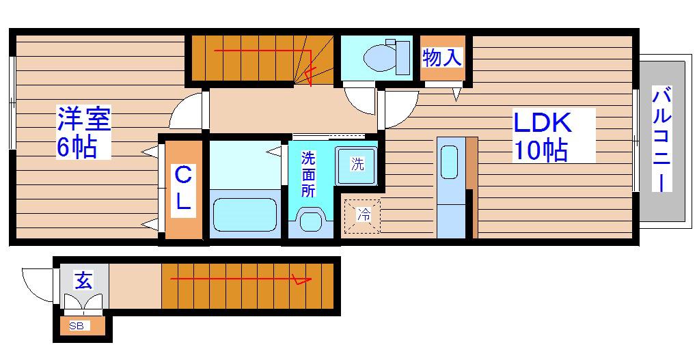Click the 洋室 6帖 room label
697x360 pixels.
(x=83, y=132)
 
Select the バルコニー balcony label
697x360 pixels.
(x=662, y=139)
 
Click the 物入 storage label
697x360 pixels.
(x=442, y=58)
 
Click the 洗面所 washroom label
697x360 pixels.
(x=308, y=175)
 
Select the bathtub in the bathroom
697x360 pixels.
(x=245, y=214)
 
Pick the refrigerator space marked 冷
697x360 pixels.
(x=364, y=216)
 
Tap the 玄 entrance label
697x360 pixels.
(x=83, y=281)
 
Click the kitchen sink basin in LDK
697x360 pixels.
(x=449, y=162)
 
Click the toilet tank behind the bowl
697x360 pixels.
(x=402, y=57)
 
